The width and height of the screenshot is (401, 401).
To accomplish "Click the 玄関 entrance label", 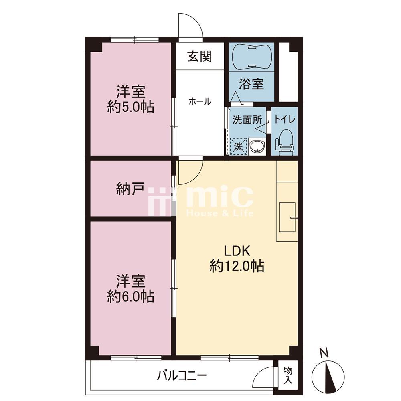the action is pos(200,57).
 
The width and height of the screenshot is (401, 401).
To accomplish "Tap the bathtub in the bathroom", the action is pos(252,57).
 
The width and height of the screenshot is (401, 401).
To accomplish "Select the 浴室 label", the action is pos(251,84).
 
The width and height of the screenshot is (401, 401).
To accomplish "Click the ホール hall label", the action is pos(200,101).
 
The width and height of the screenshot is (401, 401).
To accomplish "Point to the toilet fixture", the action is pos(284,142).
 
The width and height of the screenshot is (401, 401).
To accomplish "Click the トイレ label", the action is pos(285,119).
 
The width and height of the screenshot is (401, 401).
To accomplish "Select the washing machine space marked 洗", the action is pos(238,146).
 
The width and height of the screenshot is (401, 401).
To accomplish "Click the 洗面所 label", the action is pos(247,119).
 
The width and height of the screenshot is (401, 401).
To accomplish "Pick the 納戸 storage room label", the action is pos(130,189).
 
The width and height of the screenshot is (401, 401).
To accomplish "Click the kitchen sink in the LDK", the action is pos(288,217).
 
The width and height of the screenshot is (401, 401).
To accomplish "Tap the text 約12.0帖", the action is pos(237,266).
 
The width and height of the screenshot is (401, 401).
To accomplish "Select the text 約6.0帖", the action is pos(131,296).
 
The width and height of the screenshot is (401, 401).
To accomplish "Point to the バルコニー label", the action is pos(182,376).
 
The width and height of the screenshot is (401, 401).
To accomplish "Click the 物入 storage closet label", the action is pos(288,375).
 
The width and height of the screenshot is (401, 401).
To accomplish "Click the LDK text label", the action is pos(237,251).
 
